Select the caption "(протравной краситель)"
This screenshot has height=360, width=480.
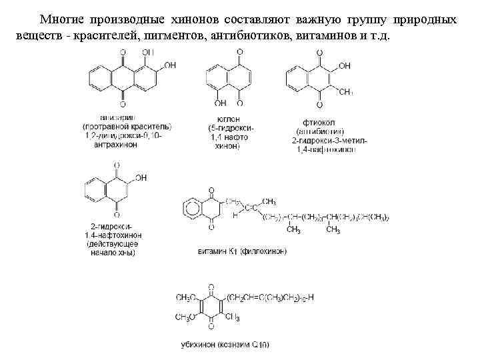[x=127, y=127]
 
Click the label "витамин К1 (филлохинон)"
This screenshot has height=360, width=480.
[x=233, y=251]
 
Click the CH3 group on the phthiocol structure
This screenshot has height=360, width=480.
[x=345, y=91]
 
